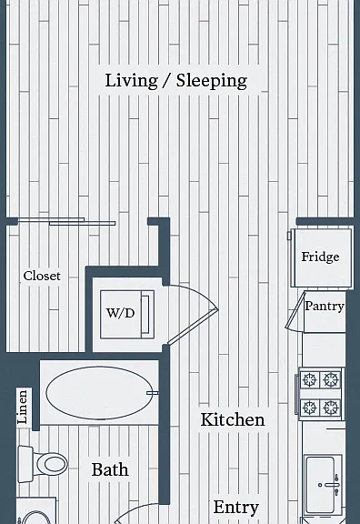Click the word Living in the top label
[131, 81]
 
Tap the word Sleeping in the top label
[212, 81]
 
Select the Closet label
[42, 276]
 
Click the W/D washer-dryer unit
[127, 315]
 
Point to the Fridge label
[320, 257]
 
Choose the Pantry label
[325, 306]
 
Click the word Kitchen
[233, 419]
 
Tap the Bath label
[110, 469]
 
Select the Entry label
[235, 508]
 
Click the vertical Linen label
[22, 407]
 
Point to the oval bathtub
[98, 393]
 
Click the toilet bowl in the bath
[52, 464]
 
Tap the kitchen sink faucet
[332, 484]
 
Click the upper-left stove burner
[309, 379]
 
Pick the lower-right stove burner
[331, 408]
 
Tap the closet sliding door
[66, 222]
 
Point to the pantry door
[295, 310]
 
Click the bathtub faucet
[153, 393]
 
